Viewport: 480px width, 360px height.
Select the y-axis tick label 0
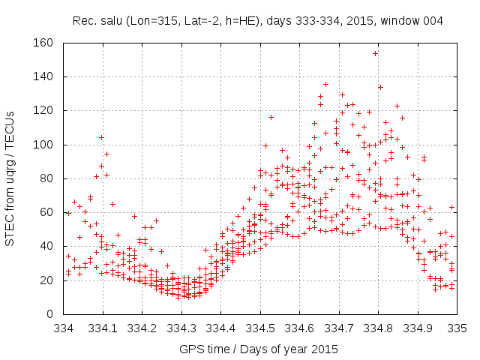click(x=49, y=313)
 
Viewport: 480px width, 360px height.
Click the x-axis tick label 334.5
click(x=260, y=328)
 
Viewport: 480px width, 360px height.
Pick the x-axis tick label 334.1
click(x=103, y=328)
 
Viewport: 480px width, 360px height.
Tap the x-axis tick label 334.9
click(x=418, y=328)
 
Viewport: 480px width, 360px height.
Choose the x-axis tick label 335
click(x=457, y=328)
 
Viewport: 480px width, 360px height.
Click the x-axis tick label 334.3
click(x=181, y=328)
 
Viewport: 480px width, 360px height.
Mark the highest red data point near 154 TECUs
click(x=375, y=53)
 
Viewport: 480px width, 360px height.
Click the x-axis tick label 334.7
click(x=339, y=328)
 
